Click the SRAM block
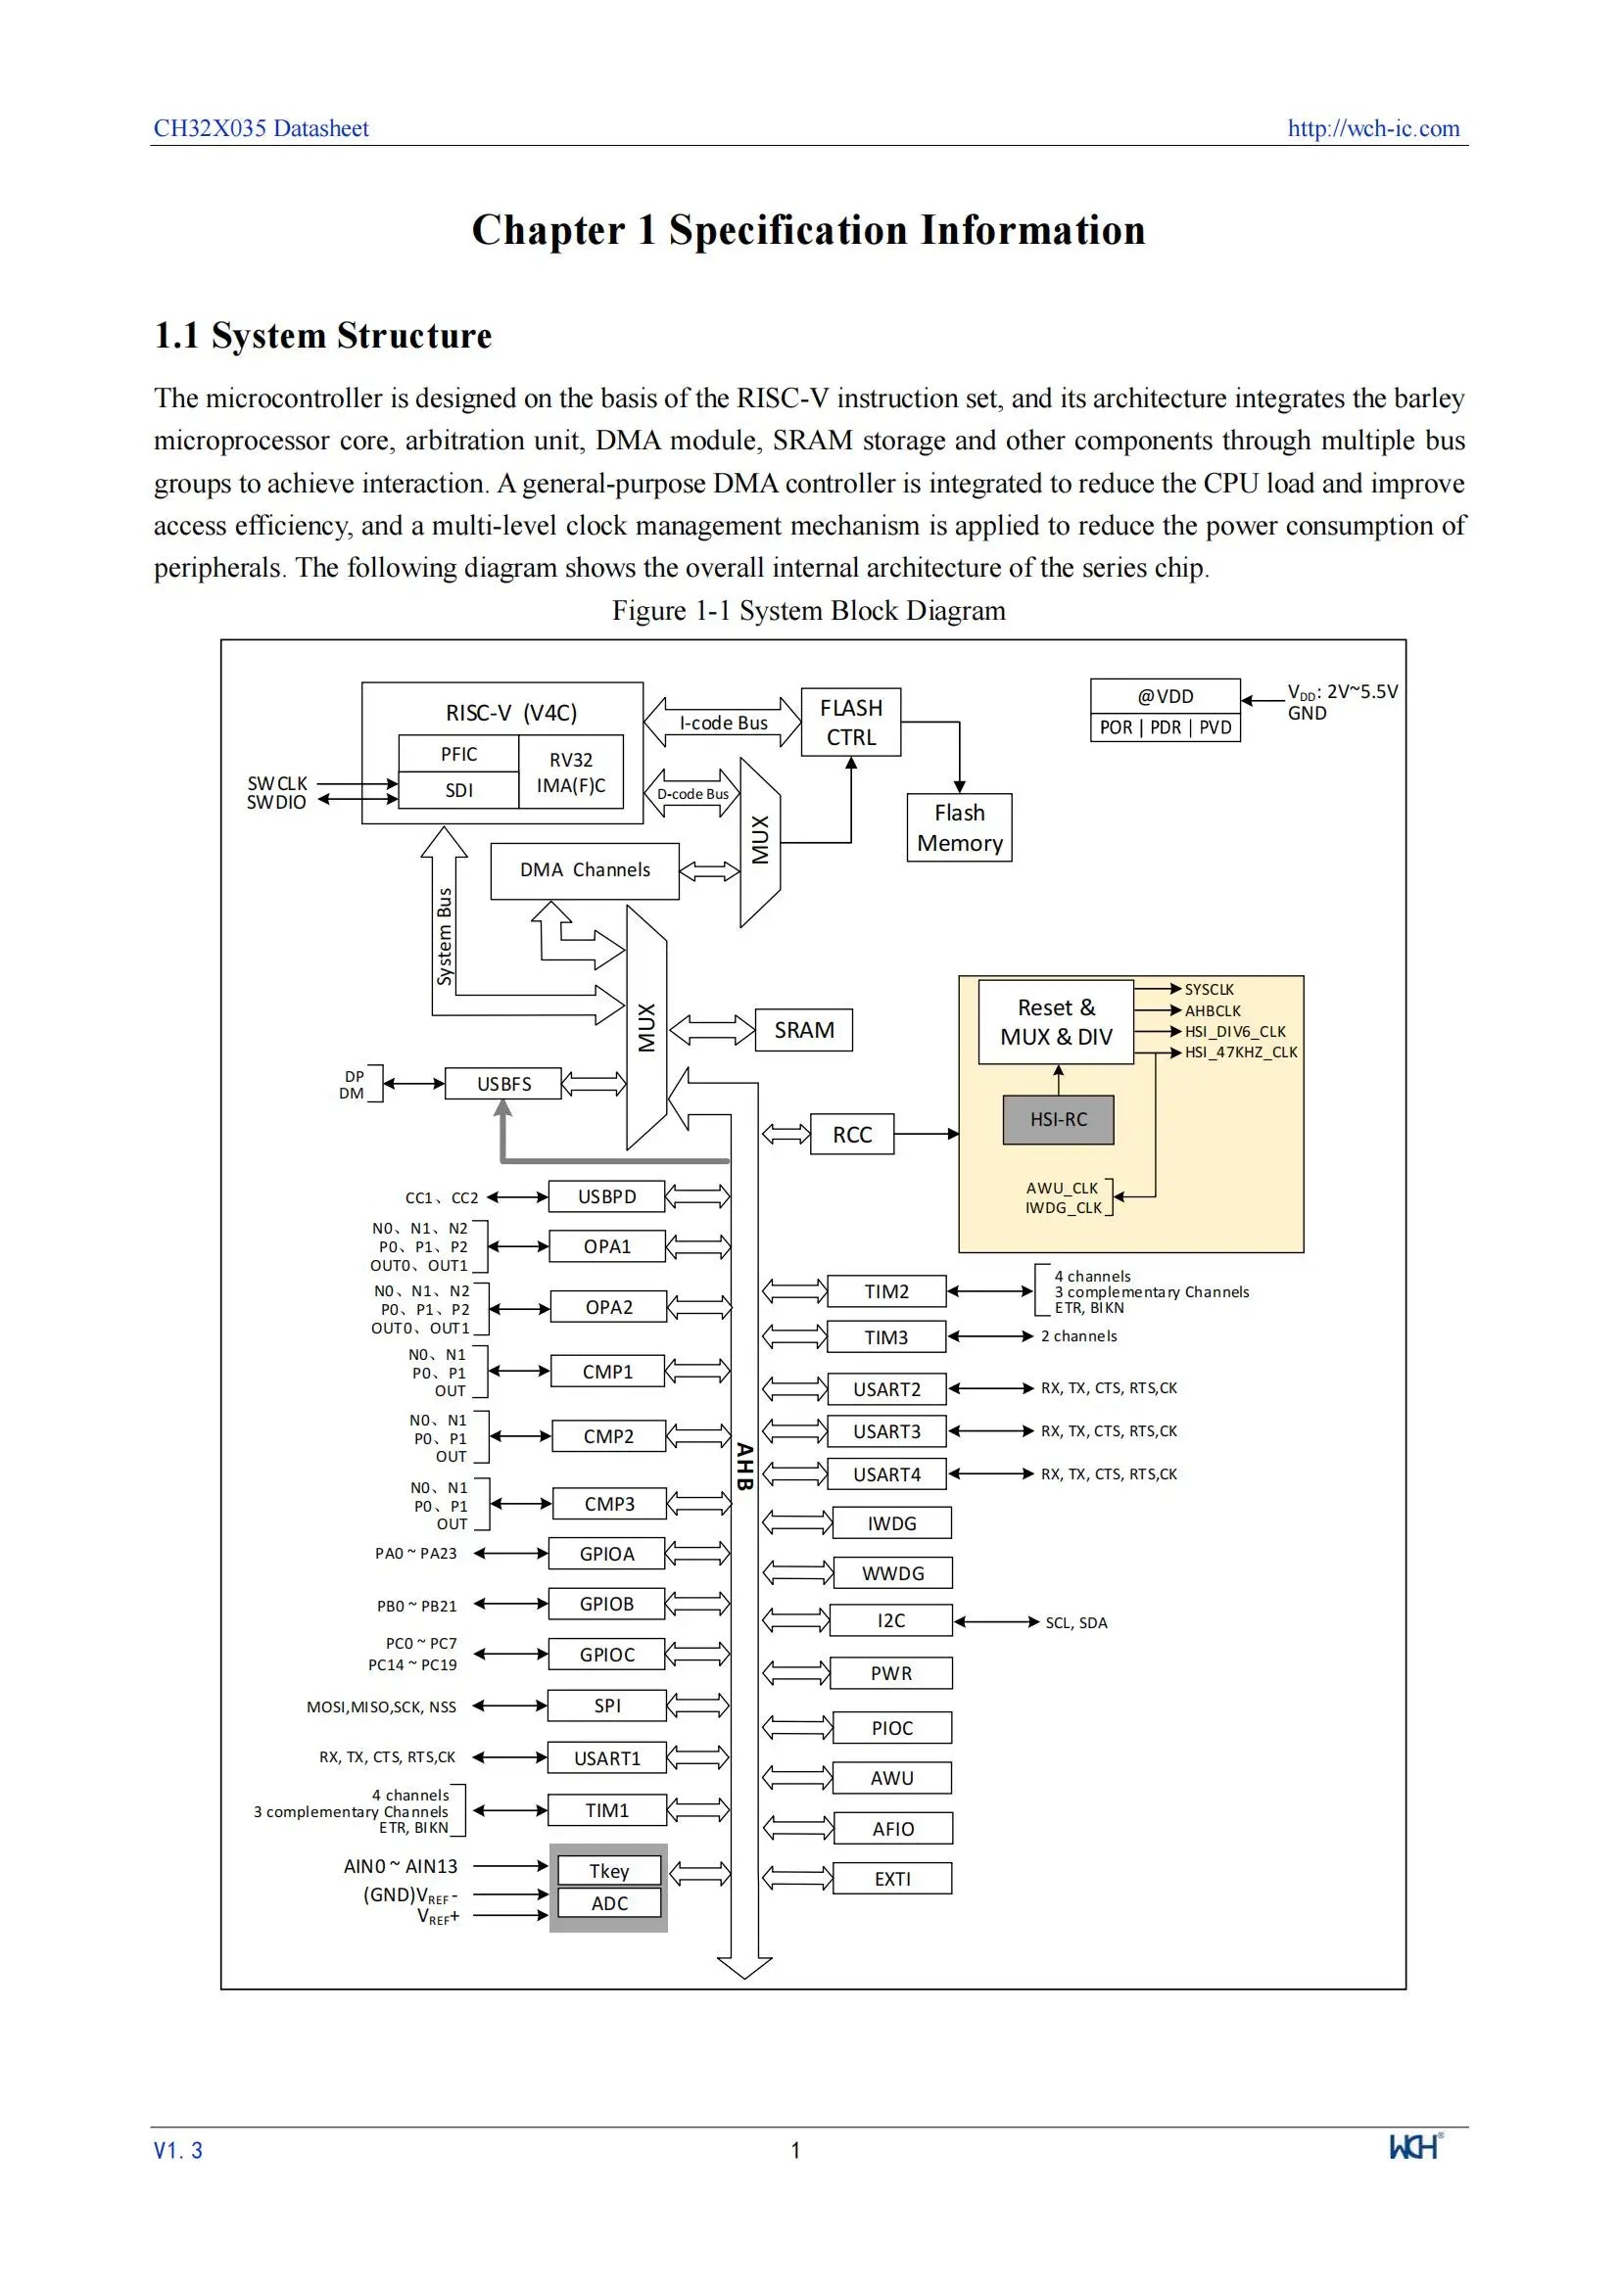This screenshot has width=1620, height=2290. click(804, 1029)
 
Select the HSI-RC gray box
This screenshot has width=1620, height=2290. click(1058, 1119)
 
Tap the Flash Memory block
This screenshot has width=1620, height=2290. click(959, 828)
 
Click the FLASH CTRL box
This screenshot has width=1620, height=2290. click(851, 723)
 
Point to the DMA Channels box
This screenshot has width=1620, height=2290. click(585, 870)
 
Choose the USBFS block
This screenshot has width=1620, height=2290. click(502, 1083)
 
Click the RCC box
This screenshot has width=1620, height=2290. click(852, 1134)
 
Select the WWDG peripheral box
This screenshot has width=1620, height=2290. click(893, 1573)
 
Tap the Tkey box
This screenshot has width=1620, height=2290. click(608, 1870)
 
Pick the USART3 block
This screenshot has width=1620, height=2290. click(886, 1431)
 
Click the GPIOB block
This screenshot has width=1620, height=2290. click(606, 1604)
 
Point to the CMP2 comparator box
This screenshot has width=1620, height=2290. click(607, 1436)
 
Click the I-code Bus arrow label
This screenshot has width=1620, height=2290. click(723, 724)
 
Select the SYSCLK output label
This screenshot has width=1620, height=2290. click(1209, 990)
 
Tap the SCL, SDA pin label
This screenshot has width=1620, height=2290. click(1076, 1622)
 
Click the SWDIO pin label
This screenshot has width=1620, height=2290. click(276, 802)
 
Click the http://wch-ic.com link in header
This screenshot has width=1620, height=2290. click(1373, 127)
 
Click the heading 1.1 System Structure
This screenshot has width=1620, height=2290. click(322, 335)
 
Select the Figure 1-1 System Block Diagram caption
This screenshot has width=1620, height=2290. click(809, 610)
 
